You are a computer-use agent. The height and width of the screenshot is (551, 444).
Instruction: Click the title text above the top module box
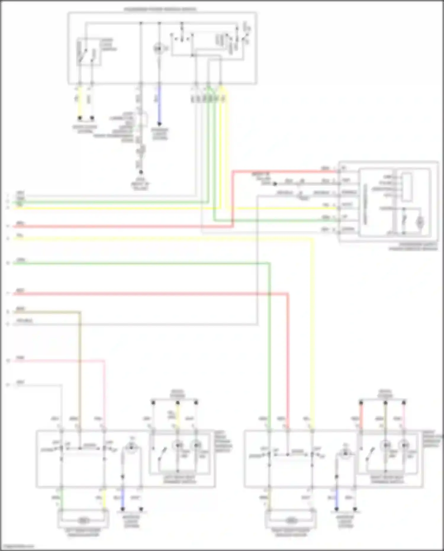160,9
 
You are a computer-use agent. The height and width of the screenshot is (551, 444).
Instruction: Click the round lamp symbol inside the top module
159,48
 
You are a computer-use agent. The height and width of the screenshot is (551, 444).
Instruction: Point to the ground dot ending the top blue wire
159,124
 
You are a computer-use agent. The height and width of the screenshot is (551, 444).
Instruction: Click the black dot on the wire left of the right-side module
275,184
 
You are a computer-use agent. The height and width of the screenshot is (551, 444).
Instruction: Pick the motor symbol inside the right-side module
420,221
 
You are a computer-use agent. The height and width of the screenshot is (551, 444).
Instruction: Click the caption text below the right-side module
413,247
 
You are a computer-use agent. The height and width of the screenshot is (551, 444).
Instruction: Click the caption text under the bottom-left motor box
83,532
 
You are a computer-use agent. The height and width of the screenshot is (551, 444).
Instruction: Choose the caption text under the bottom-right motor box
291,532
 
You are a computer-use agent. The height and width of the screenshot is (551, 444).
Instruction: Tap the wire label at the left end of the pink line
20,358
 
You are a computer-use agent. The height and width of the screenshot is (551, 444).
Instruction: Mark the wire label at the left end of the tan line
20,309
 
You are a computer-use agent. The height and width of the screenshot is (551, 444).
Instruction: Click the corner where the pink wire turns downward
104,361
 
